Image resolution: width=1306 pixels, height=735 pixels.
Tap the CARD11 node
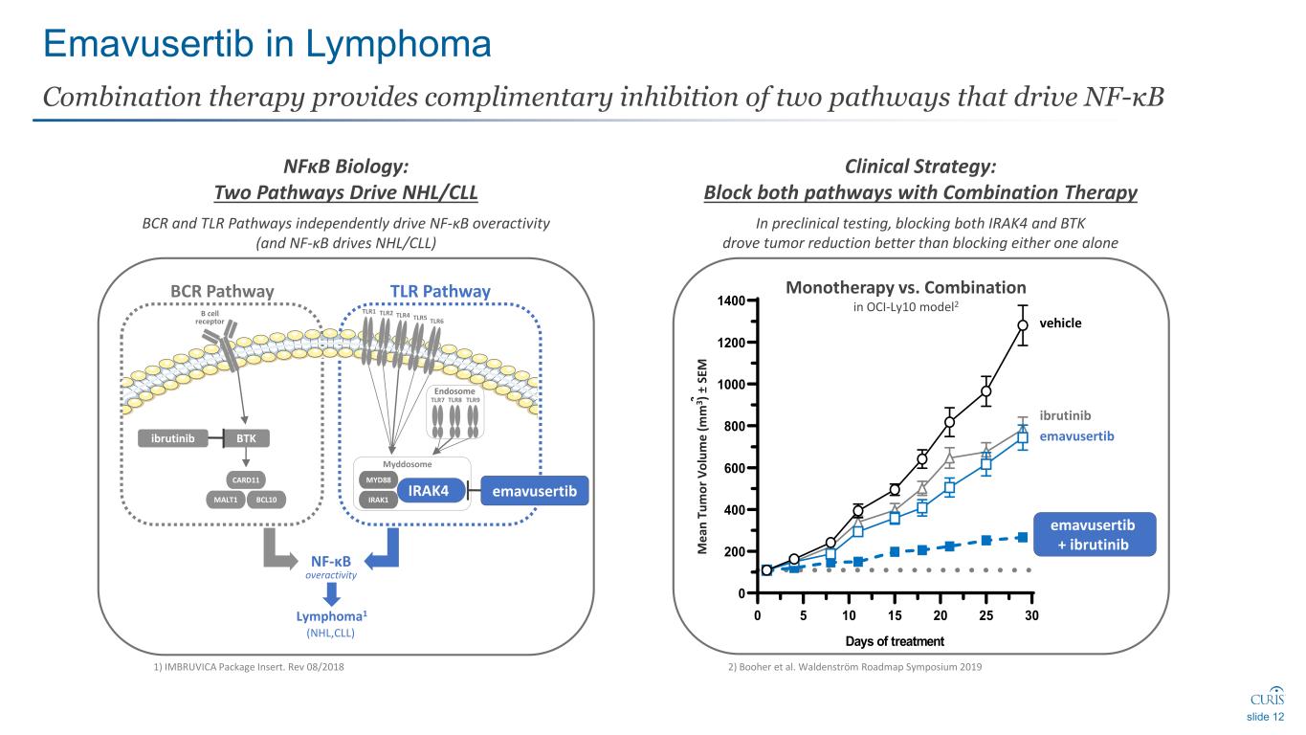(x=247, y=479)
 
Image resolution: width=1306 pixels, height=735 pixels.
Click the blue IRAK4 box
(x=430, y=491)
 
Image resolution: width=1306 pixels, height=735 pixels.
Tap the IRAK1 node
(x=374, y=500)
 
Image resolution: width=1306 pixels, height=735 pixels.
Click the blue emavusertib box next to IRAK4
(x=534, y=491)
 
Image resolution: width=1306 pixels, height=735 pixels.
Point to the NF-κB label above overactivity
(x=330, y=560)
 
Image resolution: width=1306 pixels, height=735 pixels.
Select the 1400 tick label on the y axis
(x=732, y=301)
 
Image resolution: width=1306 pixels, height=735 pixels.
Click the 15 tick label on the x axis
(x=894, y=614)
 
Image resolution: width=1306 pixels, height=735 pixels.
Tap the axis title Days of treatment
(x=895, y=641)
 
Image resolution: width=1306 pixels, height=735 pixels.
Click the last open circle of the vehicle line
(x=1023, y=325)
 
